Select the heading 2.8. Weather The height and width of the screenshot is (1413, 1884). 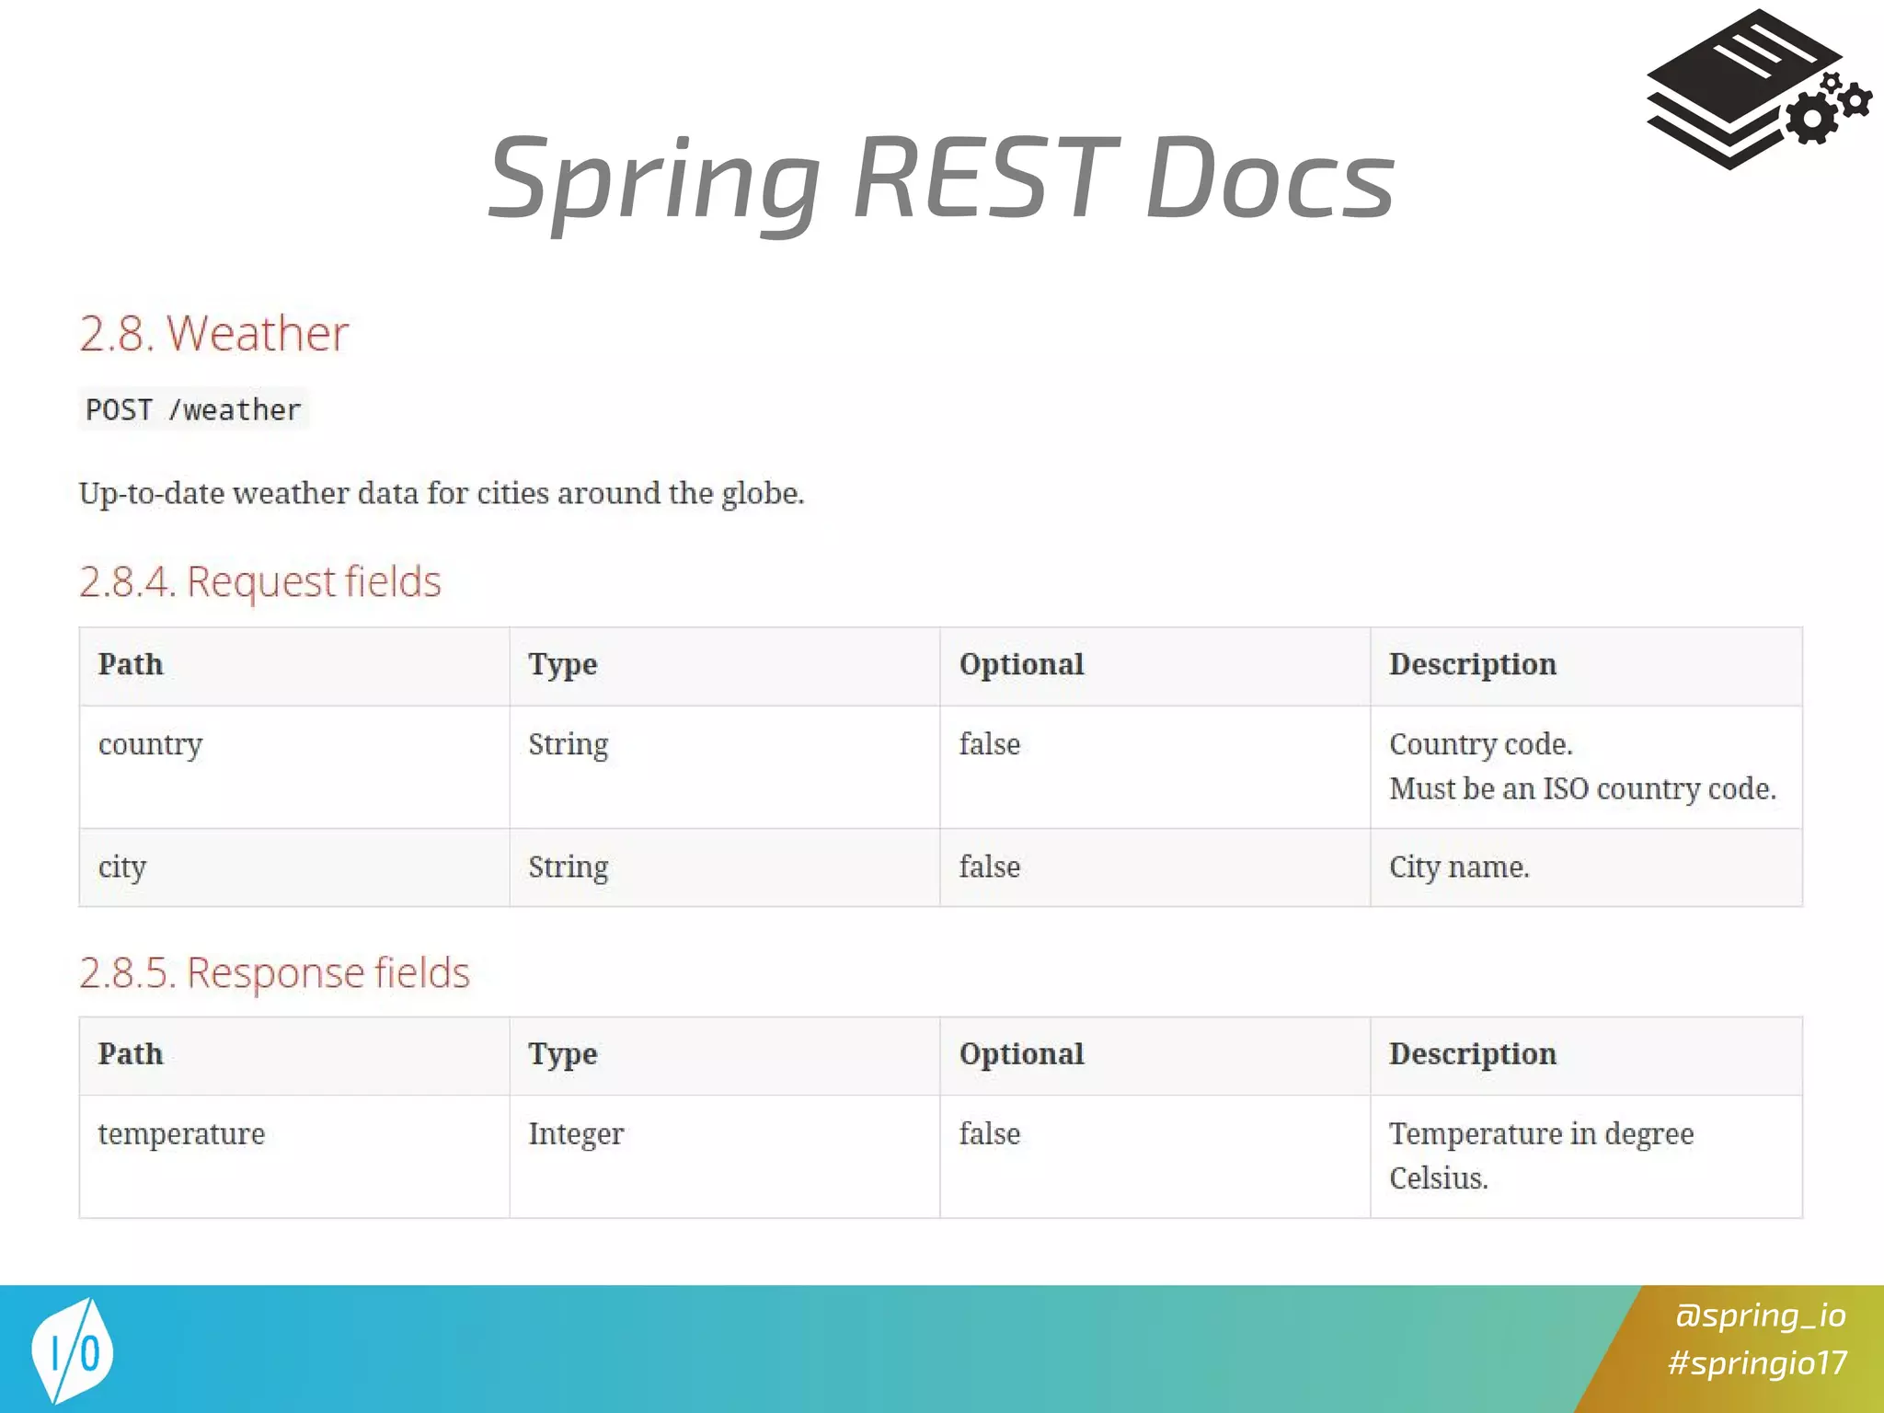(213, 333)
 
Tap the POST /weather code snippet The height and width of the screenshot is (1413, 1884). (193, 409)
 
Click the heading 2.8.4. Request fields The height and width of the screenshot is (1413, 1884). (259, 581)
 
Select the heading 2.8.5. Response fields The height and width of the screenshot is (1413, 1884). (274, 972)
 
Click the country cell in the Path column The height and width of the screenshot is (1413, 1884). (150, 744)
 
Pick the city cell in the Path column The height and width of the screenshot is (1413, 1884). (121, 867)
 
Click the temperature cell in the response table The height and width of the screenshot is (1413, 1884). (181, 1133)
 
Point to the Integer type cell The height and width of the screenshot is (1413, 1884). (576, 1133)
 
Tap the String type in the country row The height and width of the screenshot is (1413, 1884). (568, 744)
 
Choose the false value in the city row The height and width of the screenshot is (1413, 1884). (989, 867)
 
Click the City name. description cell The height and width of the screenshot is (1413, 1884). (1459, 867)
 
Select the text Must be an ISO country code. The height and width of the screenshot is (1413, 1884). (1582, 788)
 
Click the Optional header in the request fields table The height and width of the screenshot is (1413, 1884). (1021, 664)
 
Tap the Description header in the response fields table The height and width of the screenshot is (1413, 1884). (1472, 1053)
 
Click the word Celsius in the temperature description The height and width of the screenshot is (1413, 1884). (1438, 1178)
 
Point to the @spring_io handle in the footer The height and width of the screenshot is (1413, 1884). (1760, 1315)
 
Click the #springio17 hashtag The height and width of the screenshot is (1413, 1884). (1757, 1362)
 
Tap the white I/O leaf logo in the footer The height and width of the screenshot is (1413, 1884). (73, 1350)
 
